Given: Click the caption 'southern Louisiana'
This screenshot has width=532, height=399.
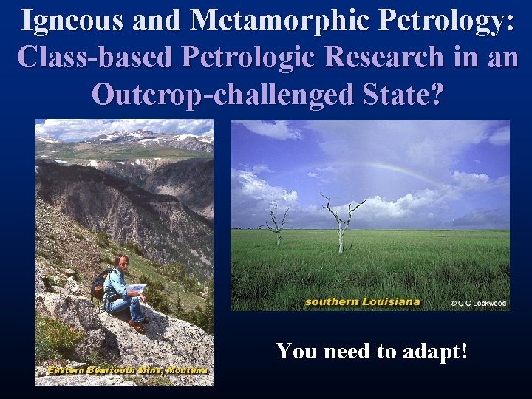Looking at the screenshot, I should point(362,301).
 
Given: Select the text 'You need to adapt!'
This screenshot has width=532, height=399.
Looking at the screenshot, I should point(372,350).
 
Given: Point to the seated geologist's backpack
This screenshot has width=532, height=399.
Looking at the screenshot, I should point(99,284).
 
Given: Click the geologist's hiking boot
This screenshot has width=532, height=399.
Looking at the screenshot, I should point(137,324).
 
